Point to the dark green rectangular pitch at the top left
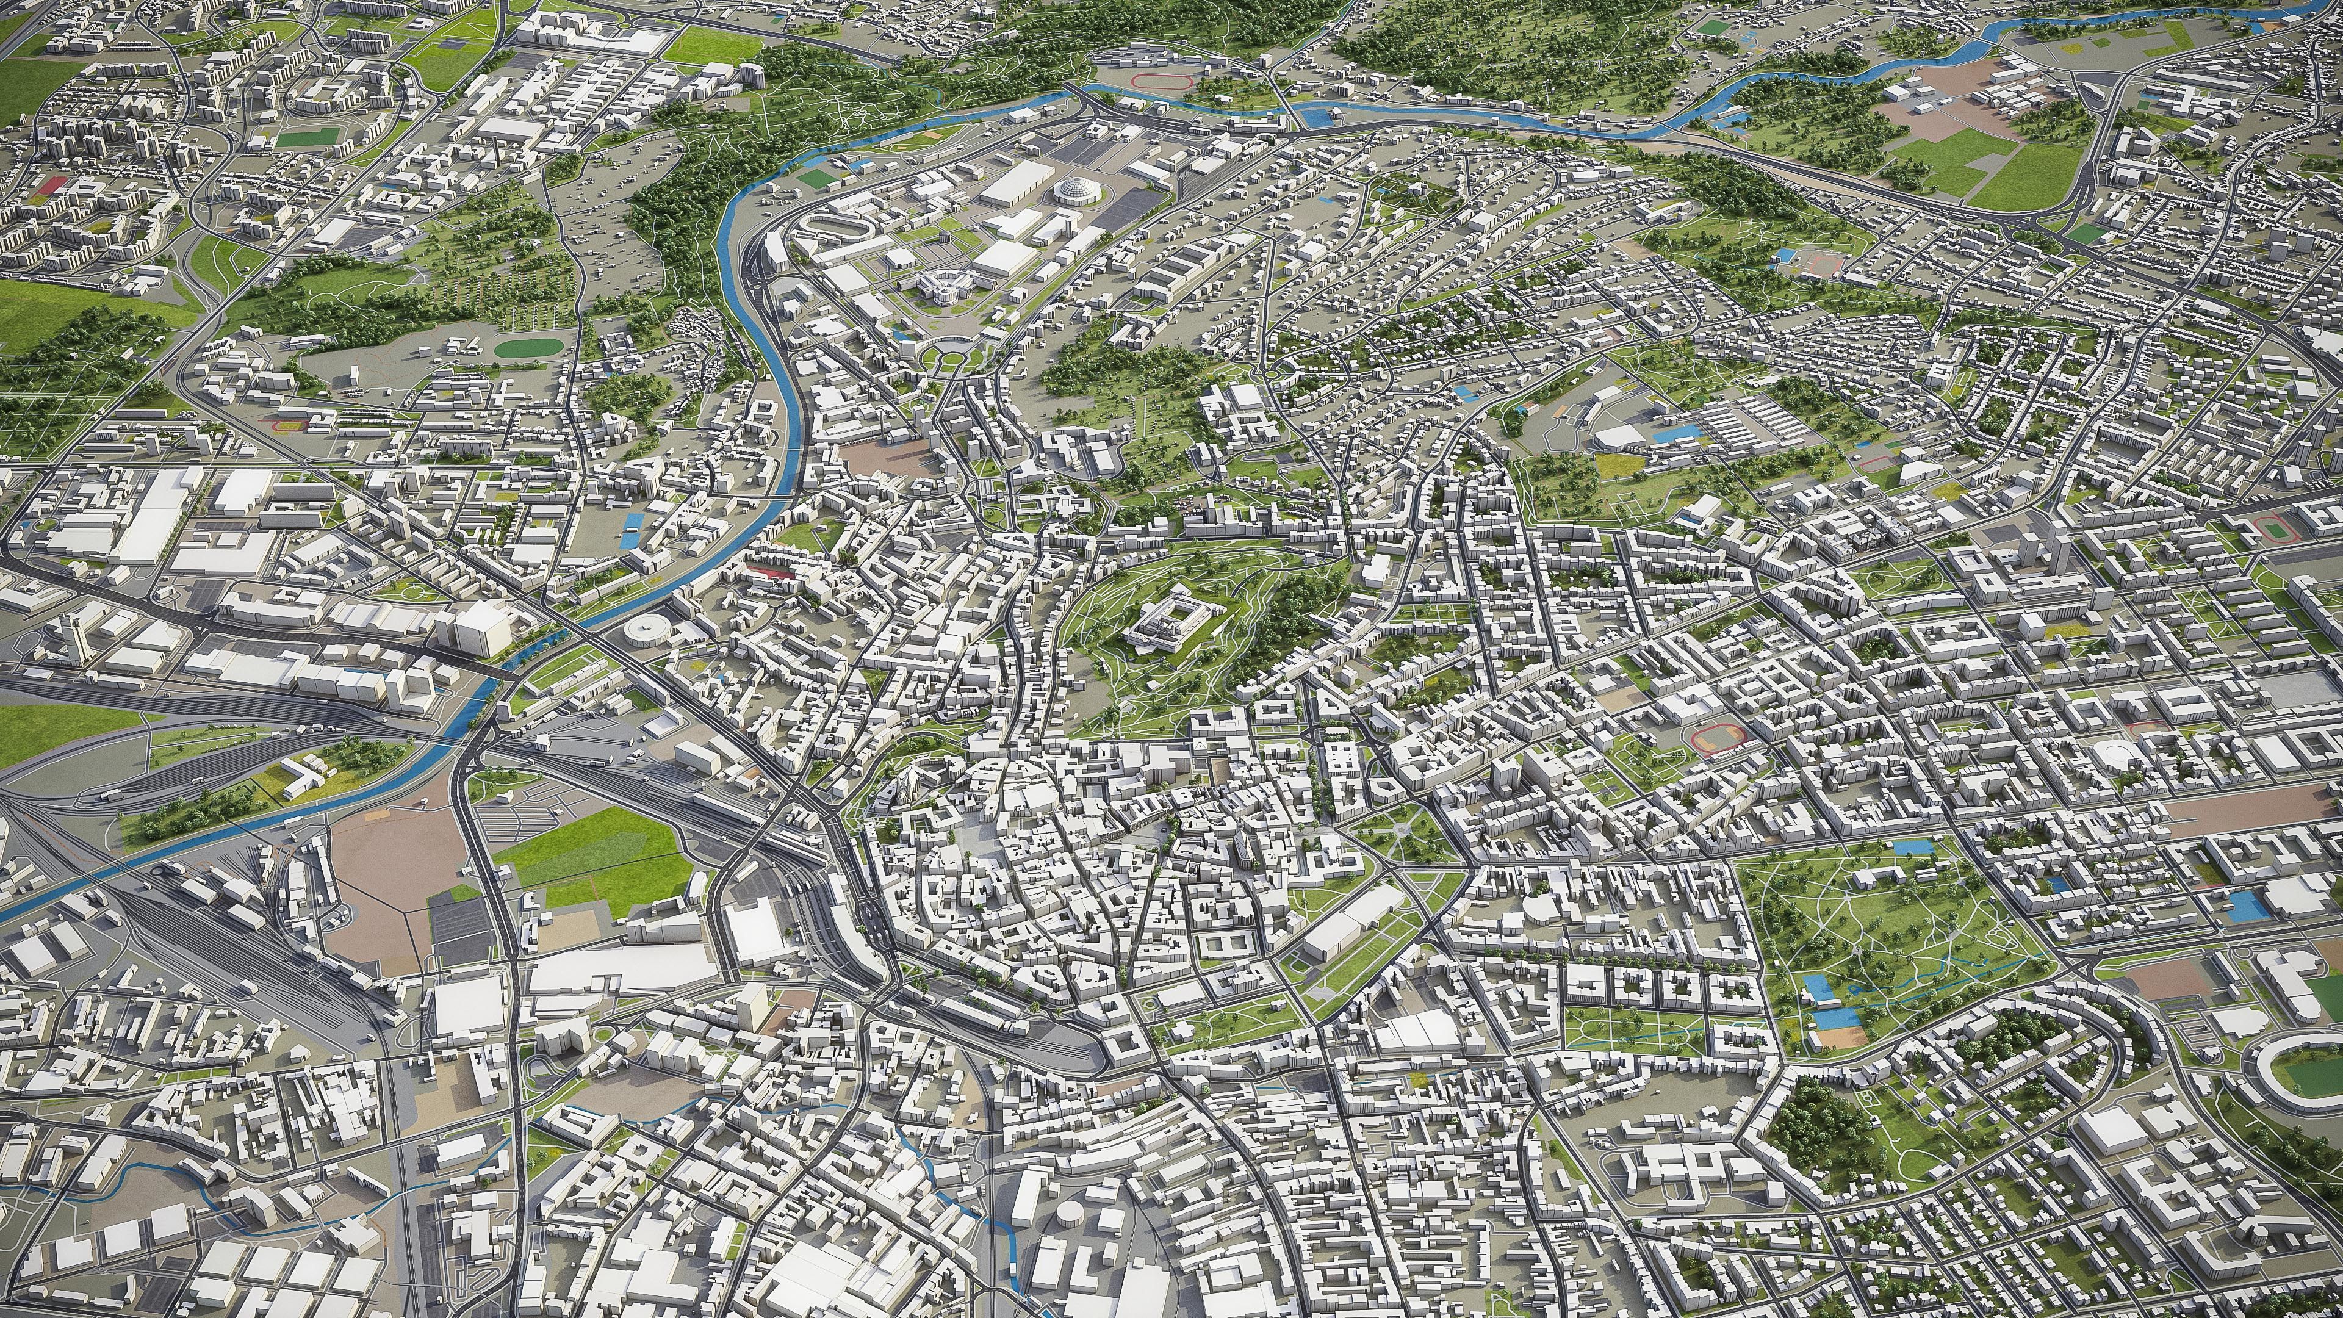[306, 139]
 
